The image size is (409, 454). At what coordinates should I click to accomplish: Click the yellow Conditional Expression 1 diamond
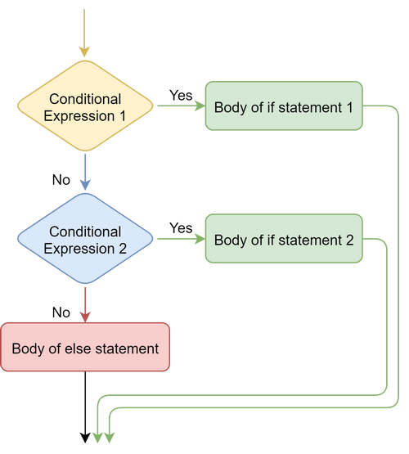point(85,106)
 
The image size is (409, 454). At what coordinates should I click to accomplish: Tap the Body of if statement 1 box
point(283,106)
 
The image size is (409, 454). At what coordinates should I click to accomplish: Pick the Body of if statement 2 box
point(283,240)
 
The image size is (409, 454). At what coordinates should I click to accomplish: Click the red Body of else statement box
point(85,348)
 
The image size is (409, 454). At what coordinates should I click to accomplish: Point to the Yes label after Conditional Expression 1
point(180,95)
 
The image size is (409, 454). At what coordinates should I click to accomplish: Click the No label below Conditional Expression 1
point(62,178)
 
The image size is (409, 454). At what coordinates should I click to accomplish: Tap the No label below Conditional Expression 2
point(62,311)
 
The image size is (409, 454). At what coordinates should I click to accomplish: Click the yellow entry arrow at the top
point(85,33)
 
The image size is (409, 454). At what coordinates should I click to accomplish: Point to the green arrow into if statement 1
point(180,106)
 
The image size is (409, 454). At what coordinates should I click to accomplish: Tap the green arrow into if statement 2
point(180,240)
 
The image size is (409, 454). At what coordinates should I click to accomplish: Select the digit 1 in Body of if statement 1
point(348,106)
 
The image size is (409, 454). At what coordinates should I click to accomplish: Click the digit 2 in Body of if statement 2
point(349,240)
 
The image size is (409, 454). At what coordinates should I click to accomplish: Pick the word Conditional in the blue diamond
point(85,231)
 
